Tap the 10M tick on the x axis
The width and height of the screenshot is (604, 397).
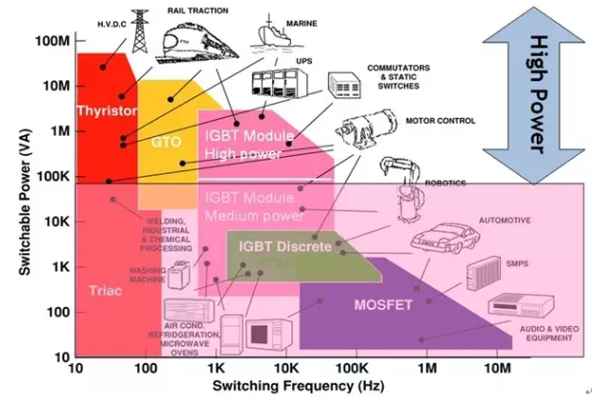tap(496, 366)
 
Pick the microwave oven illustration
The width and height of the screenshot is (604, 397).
tap(269, 336)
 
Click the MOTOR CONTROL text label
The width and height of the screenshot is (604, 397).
tap(440, 121)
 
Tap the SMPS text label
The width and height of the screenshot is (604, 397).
tap(518, 263)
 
